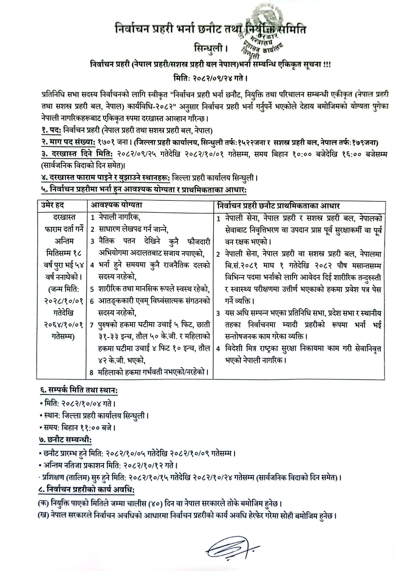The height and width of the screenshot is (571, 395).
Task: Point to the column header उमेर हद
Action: coord(53,206)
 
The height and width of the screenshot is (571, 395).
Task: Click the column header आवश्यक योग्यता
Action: coord(117,206)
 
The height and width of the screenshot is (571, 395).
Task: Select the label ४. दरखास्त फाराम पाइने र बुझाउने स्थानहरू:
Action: coord(105,178)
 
